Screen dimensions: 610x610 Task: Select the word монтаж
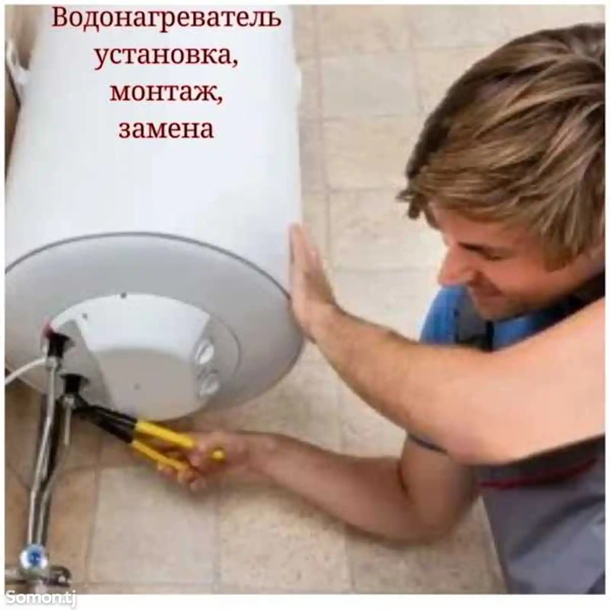point(165,93)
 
